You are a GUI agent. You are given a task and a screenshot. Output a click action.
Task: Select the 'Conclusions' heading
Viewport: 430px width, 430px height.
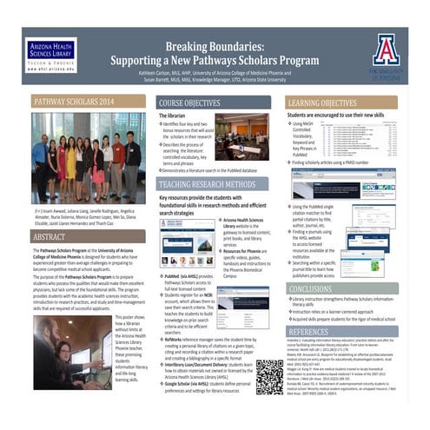(x=311, y=289)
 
